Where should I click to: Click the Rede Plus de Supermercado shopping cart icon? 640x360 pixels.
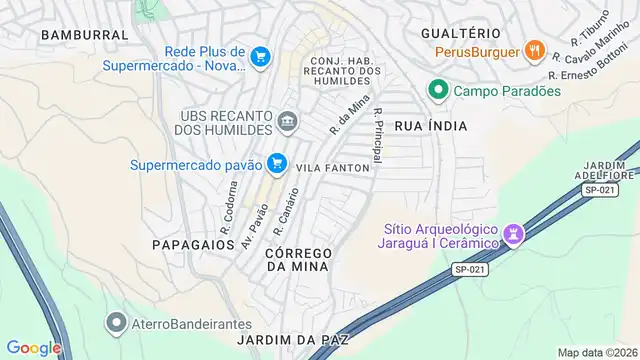coord(261,57)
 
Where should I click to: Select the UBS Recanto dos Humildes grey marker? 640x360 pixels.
coord(288,123)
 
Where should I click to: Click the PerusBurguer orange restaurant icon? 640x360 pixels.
coord(535,51)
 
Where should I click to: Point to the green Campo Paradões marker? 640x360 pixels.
coord(437,91)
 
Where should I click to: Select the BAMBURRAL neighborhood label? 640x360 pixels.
coord(85,34)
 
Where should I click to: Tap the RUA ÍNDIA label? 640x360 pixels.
coord(430,126)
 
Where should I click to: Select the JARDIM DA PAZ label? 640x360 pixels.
coord(293,340)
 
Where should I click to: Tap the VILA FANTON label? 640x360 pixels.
coord(334,167)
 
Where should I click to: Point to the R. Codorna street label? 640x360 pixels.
coord(229,202)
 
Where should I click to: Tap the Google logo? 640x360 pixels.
coord(34,347)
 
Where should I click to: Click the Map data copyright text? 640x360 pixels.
coord(597,352)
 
